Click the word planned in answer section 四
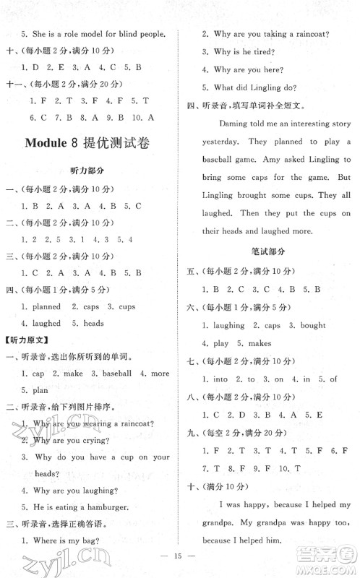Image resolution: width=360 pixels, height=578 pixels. click(47, 306)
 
